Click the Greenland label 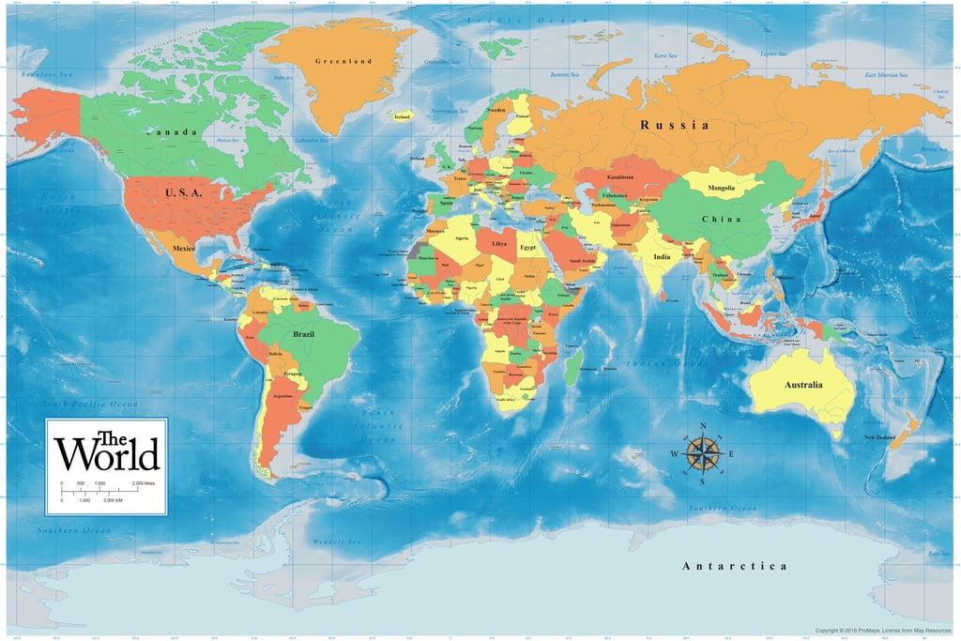pyautogui.click(x=343, y=61)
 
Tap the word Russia pyautogui.click(x=674, y=125)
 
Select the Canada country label pyautogui.click(x=172, y=132)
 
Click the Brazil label pyautogui.click(x=304, y=334)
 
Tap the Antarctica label pyautogui.click(x=734, y=566)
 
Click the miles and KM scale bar pyautogui.click(x=103, y=491)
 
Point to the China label pyautogui.click(x=721, y=219)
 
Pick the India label pyautogui.click(x=662, y=255)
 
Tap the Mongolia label pyautogui.click(x=721, y=188)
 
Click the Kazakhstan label pyautogui.click(x=620, y=176)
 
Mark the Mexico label pyautogui.click(x=184, y=248)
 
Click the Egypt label pyautogui.click(x=528, y=247)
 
